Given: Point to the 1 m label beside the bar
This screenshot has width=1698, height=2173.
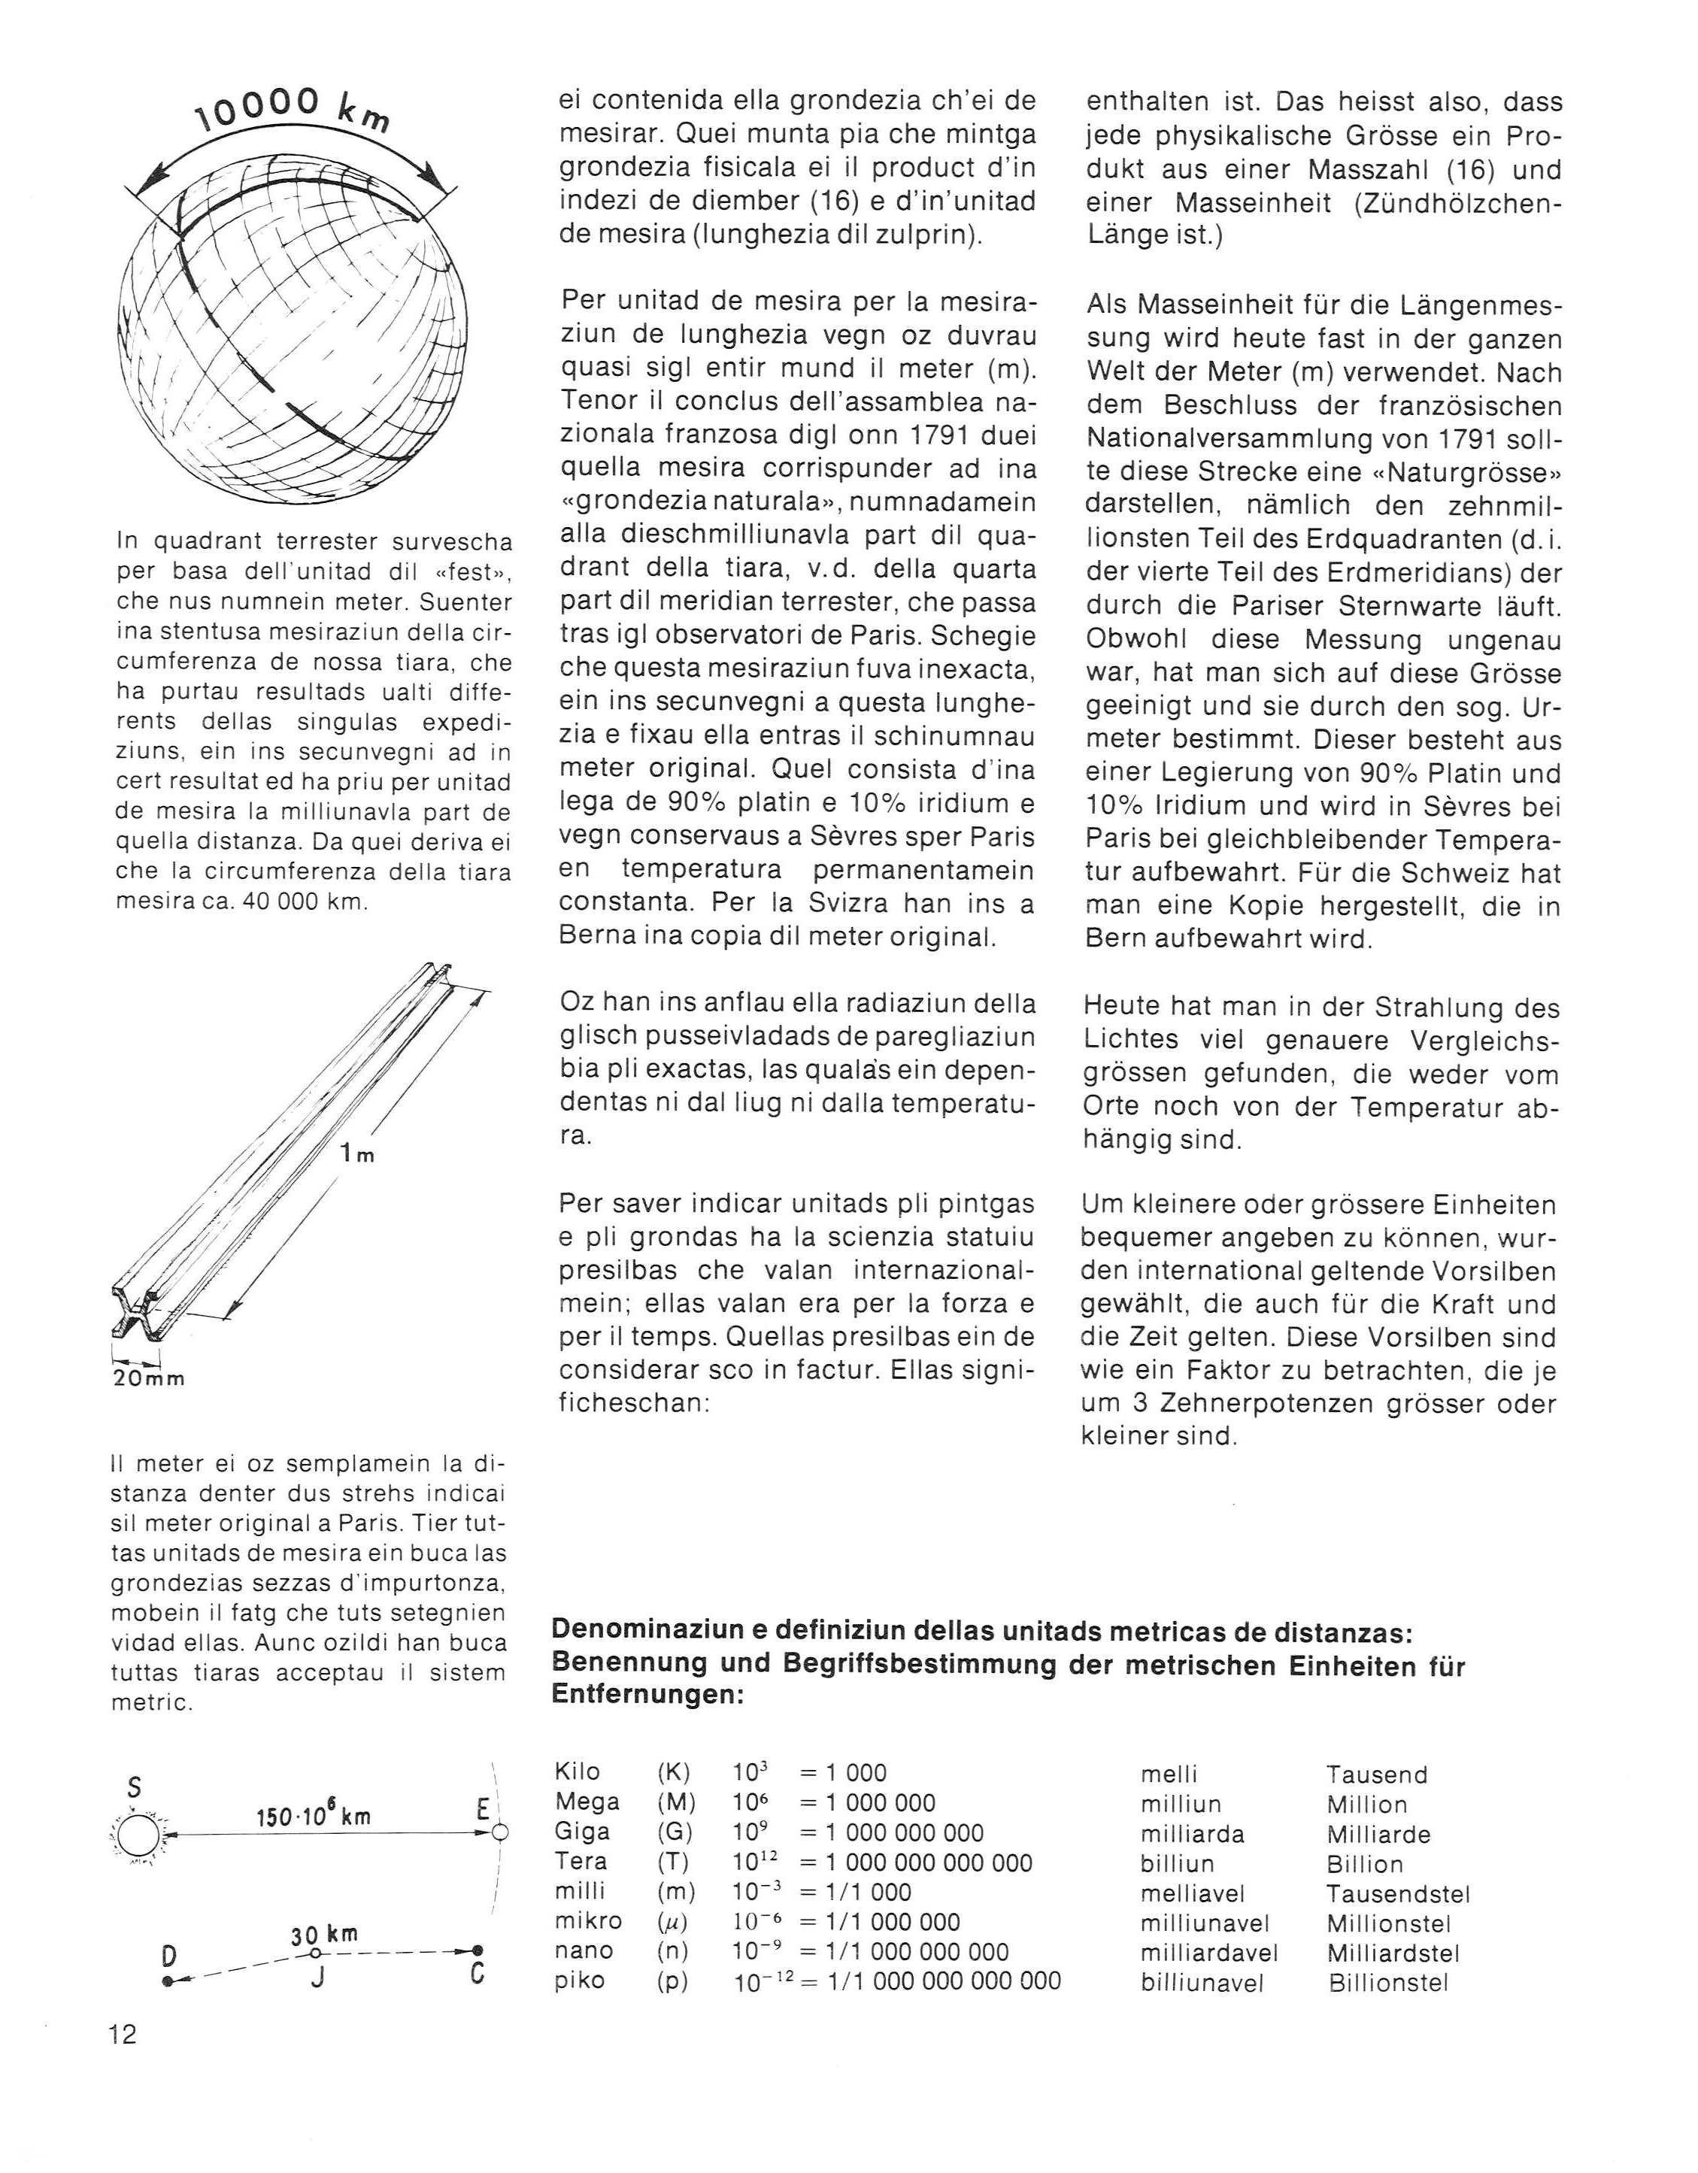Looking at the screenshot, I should click(356, 1154).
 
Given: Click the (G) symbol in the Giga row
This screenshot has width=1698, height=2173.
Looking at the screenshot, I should click(676, 1832).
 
